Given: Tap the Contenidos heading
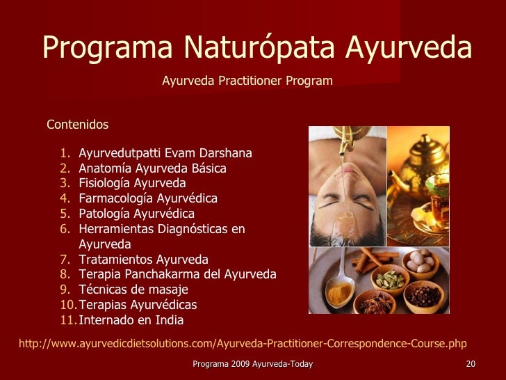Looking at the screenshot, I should pos(77,125).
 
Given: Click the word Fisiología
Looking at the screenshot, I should pos(104,184).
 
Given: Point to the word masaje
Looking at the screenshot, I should pos(170,290).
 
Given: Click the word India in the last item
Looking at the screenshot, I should pos(170,321).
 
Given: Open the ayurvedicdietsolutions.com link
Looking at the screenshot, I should pos(242,343).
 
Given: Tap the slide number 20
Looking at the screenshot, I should pos(471,365).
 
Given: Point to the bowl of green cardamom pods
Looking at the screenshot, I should pos(390,280).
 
